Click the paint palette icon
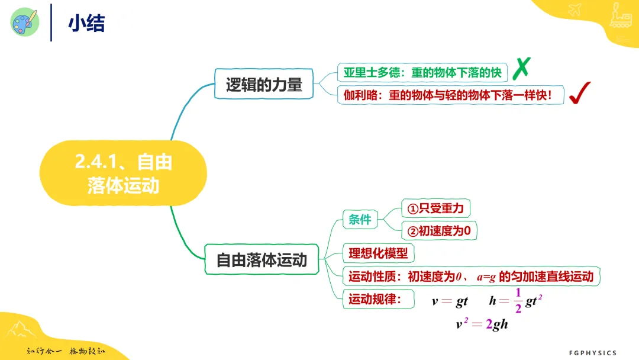(x=25, y=22)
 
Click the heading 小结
(x=86, y=23)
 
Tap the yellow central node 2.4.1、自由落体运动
(x=123, y=173)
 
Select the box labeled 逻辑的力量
(x=264, y=84)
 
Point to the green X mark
(x=521, y=68)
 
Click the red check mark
(x=579, y=93)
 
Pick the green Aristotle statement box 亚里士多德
(x=422, y=73)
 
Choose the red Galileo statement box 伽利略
(x=450, y=95)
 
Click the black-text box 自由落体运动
(x=262, y=259)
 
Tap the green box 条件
(x=360, y=219)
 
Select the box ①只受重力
(x=435, y=208)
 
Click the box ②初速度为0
(x=439, y=231)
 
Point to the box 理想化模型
(x=378, y=253)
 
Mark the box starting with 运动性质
(x=471, y=277)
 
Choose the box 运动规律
(x=378, y=299)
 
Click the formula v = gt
(x=450, y=301)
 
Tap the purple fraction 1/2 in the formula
(x=518, y=300)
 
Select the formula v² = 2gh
(x=482, y=324)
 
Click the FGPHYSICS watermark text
(x=592, y=353)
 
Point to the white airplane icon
(x=575, y=9)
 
